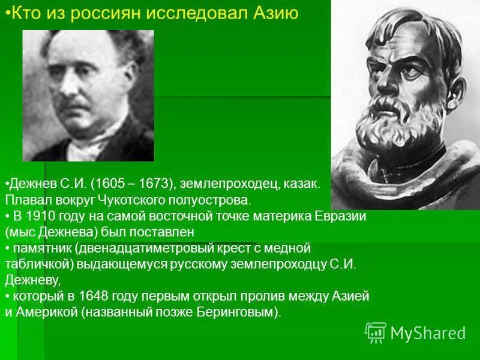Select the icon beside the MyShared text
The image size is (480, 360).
375,332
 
